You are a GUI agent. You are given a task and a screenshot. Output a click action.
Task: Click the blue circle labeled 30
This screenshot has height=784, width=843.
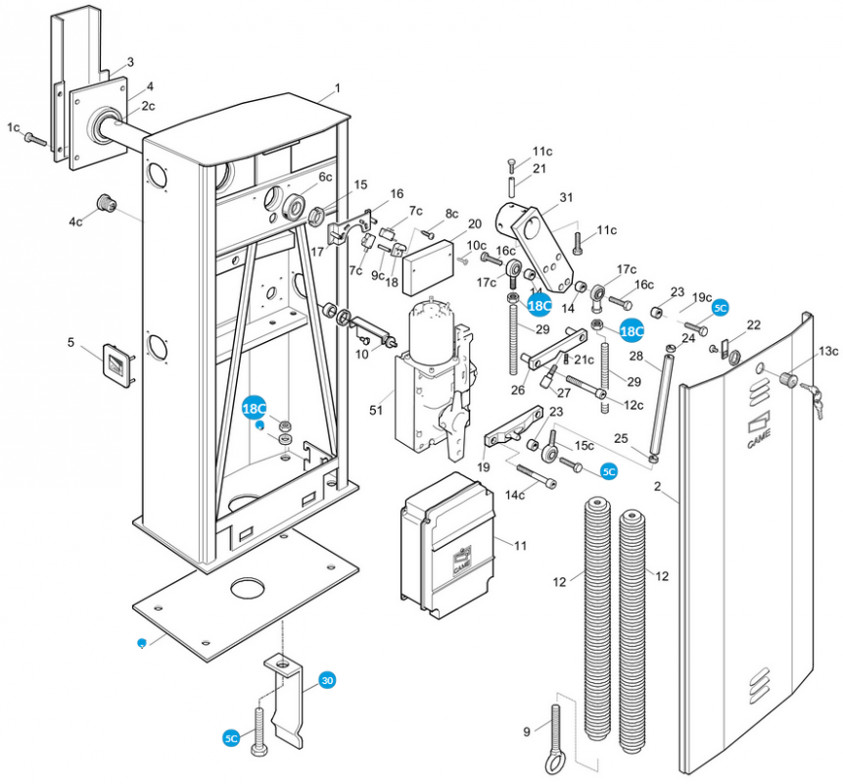tap(326, 680)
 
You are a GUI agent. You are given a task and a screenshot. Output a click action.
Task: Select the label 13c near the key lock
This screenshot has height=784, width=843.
tap(828, 351)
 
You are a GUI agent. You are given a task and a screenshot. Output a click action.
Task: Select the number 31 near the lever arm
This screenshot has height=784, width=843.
tap(566, 199)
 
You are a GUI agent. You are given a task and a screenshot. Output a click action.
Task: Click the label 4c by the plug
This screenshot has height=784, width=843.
tap(76, 222)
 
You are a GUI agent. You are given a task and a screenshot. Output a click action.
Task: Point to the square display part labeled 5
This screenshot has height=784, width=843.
tap(117, 366)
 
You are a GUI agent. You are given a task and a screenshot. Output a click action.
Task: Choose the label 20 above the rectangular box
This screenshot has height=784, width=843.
tap(474, 224)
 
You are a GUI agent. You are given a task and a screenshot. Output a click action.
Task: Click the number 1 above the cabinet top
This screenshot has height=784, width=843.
tap(337, 88)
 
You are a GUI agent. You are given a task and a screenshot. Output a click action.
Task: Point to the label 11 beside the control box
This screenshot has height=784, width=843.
tap(520, 545)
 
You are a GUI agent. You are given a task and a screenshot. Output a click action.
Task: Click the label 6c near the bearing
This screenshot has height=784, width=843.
tap(325, 176)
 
